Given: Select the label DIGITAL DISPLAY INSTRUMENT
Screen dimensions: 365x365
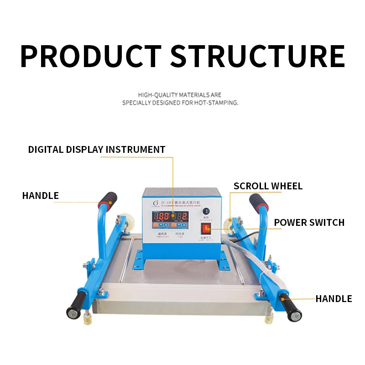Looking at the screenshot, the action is coord(97,150).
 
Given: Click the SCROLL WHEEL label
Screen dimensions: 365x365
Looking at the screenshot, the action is coord(268,186).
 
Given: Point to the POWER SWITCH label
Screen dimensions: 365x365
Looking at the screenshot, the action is coord(309,223).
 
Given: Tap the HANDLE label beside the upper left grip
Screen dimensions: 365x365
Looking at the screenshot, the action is coord(40,196).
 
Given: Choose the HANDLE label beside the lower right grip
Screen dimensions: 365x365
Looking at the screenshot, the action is coord(334,299).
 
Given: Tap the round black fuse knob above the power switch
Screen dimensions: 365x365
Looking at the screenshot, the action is coord(206,211).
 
